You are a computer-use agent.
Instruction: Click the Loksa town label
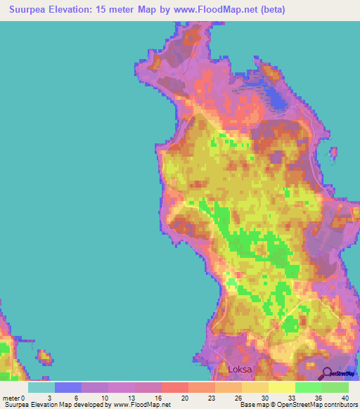click(240, 368)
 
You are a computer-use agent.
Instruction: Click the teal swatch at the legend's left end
click(41, 387)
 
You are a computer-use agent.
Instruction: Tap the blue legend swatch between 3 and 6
click(67, 387)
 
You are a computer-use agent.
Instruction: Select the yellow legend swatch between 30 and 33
click(281, 387)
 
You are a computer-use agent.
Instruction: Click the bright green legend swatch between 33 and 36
click(308, 387)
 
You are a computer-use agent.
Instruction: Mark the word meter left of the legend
click(12, 397)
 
